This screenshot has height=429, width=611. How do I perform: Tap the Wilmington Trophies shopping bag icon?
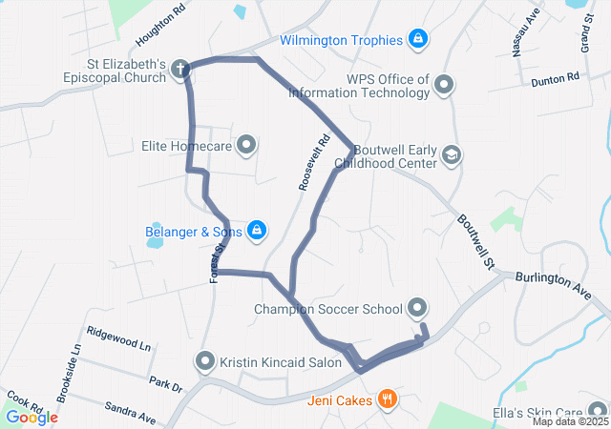click(416, 39)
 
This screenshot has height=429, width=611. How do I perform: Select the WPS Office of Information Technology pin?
click(443, 86)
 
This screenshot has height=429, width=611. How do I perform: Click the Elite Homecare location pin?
click(246, 146)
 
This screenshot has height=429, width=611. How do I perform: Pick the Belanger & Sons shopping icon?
click(256, 230)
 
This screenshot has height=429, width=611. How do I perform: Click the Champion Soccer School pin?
click(416, 308)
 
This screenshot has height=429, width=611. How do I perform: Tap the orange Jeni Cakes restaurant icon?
click(387, 399)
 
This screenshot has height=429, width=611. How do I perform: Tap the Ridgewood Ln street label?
click(118, 340)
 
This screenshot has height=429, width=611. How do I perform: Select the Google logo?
click(32, 417)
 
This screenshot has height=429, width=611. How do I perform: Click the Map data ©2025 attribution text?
click(569, 421)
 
